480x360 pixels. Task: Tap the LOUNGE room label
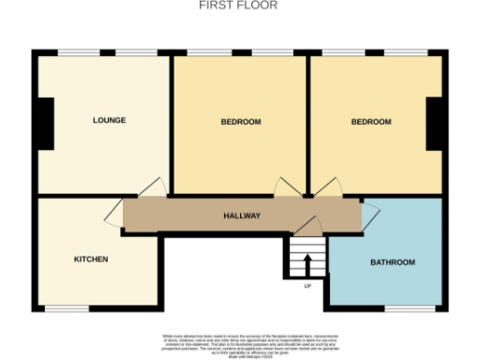[x=109, y=120]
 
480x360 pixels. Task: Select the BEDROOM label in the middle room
[x=241, y=122]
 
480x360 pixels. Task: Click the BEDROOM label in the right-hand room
[x=371, y=122]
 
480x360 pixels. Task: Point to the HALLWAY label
[x=241, y=216]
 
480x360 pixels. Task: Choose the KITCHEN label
[x=91, y=259]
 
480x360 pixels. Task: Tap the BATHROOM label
[x=392, y=262]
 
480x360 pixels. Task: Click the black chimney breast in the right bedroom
[x=434, y=123]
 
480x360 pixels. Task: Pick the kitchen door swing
[x=117, y=210]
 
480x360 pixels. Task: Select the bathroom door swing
[x=369, y=213]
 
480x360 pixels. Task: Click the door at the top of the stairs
[x=310, y=226]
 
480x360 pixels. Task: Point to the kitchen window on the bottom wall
[x=67, y=308]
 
